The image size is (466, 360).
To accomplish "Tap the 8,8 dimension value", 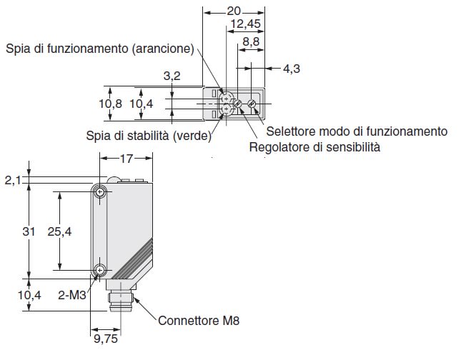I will click(x=251, y=43).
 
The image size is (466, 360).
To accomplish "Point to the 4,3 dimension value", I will click(x=292, y=69).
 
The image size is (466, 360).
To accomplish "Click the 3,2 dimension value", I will click(x=171, y=75).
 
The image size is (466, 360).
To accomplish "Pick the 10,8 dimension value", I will click(x=111, y=104).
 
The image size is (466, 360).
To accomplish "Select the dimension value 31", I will click(x=28, y=231).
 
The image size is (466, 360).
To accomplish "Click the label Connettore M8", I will click(x=199, y=321).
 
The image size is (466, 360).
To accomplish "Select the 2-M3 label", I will click(x=74, y=293).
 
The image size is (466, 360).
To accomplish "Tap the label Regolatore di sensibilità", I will click(x=314, y=148).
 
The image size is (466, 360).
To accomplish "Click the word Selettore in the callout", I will click(x=289, y=131).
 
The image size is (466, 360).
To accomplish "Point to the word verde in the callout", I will click(x=191, y=136).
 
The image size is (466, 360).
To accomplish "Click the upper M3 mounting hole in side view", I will click(x=100, y=191).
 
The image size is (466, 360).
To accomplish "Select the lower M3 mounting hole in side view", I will click(x=100, y=269).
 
